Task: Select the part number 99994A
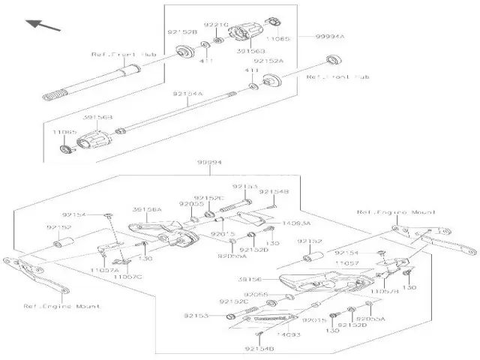(331, 36)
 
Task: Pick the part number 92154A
(187, 94)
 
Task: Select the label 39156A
(147, 210)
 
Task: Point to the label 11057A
(104, 269)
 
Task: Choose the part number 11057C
(127, 277)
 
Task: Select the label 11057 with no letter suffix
(346, 264)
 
